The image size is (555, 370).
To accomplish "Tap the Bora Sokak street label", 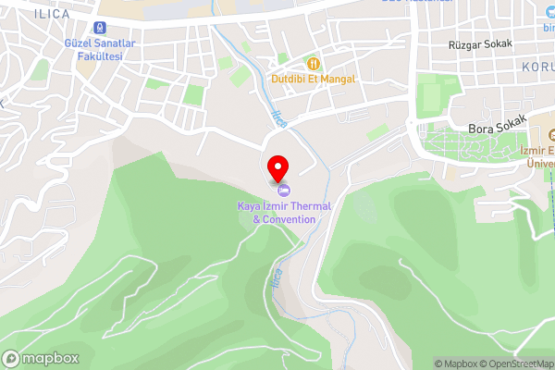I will pyautogui.click(x=498, y=124).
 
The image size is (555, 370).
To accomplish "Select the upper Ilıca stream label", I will pyautogui.click(x=278, y=119).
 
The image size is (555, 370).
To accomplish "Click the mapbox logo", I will pyautogui.click(x=41, y=358).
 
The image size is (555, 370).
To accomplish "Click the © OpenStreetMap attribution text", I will pyautogui.click(x=523, y=364).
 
